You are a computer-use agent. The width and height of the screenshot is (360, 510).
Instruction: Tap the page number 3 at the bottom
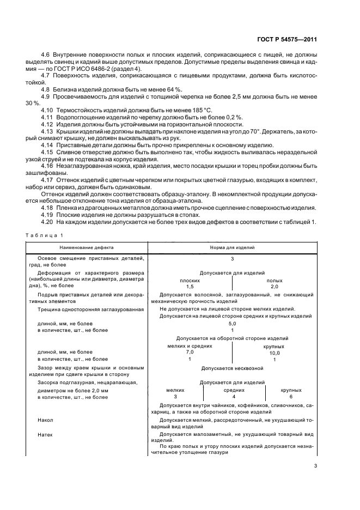[315, 465]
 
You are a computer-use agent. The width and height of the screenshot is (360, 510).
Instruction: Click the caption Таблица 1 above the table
[44, 235]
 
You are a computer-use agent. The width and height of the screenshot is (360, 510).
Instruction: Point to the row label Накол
[45, 421]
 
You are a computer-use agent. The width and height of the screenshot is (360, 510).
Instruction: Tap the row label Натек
[45, 435]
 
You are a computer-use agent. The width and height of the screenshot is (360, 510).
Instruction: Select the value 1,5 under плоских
[190, 286]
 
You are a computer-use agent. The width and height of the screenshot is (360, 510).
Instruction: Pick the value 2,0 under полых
[274, 286]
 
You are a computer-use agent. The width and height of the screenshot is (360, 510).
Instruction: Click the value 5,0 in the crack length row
[232, 323]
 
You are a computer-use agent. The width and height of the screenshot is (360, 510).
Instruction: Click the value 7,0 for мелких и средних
[190, 353]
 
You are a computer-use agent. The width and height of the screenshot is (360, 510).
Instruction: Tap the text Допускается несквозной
[232, 368]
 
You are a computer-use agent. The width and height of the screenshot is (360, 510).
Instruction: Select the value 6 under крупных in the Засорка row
[291, 397]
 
